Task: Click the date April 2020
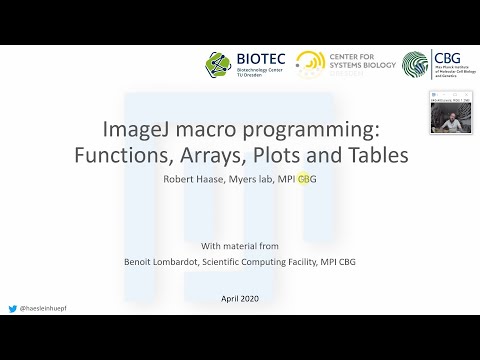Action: pos(241,299)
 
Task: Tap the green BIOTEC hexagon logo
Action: pos(218,66)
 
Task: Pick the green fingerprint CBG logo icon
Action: pos(416,66)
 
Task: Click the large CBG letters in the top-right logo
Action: pos(447,58)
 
